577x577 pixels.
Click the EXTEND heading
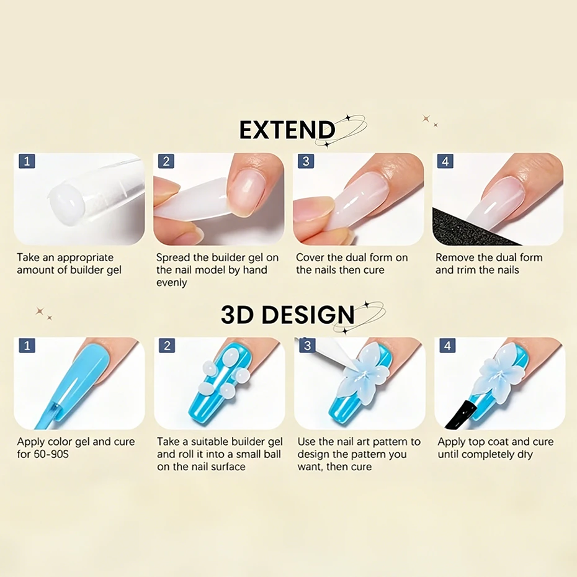click(x=287, y=130)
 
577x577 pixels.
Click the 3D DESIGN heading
click(x=287, y=315)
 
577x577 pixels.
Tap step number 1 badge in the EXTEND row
click(x=27, y=161)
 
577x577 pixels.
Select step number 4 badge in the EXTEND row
click(x=445, y=161)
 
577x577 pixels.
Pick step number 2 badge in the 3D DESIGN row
click(x=167, y=346)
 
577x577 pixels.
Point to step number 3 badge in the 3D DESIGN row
click(x=307, y=346)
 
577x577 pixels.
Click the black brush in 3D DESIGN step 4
click(x=460, y=414)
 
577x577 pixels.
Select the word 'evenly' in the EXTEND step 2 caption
click(x=171, y=283)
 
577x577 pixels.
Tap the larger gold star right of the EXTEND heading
click(x=426, y=119)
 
